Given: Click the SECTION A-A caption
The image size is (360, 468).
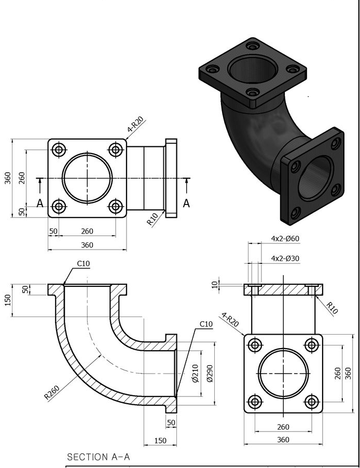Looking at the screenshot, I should point(99,457).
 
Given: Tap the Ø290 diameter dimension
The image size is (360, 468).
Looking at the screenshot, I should point(210,373).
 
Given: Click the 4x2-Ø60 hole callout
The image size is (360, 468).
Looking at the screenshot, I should point(285,239).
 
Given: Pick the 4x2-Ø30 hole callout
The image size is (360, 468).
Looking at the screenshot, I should point(285,258).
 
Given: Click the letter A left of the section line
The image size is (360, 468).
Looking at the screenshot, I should point(40,203).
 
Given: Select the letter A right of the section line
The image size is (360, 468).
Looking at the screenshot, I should point(187,203).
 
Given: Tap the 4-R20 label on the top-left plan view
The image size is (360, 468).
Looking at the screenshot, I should point(136,127).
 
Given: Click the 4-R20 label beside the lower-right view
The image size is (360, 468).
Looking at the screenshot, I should point(230,320).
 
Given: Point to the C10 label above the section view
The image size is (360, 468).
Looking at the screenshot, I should point(84,264).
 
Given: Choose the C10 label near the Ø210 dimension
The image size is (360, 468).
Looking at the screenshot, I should point(206,324).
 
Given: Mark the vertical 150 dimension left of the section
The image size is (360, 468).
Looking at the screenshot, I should point(8,300).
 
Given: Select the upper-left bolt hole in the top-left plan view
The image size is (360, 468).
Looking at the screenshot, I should point(59,150).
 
